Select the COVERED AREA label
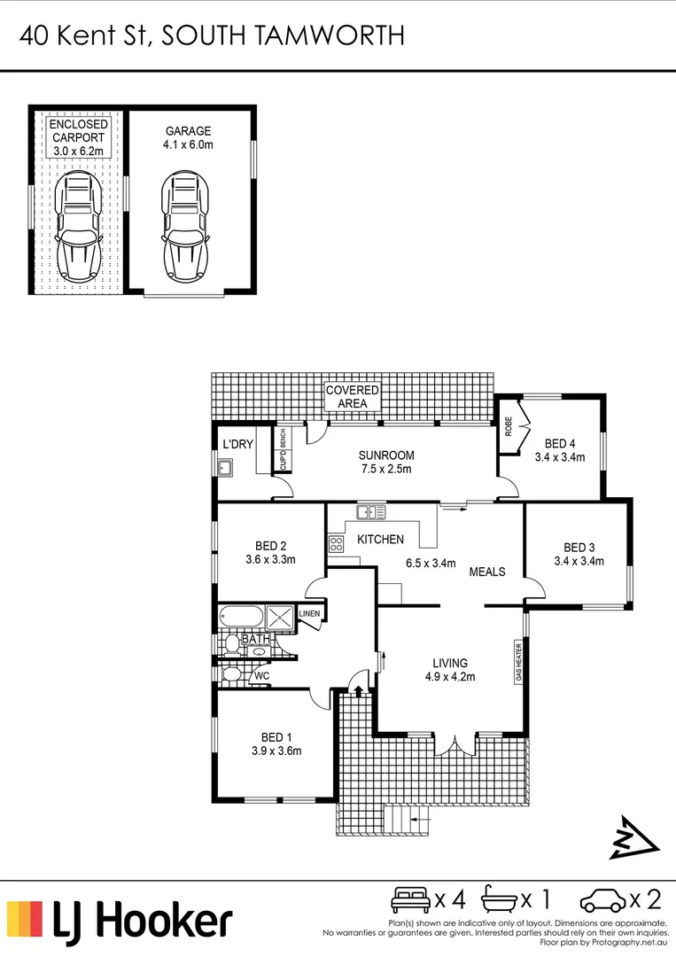[x=353, y=397]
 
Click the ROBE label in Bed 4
[x=509, y=427]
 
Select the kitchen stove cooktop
[x=336, y=544]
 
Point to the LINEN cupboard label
[x=309, y=613]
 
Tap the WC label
[x=261, y=676]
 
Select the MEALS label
[x=487, y=572]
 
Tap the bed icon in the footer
[x=411, y=901]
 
